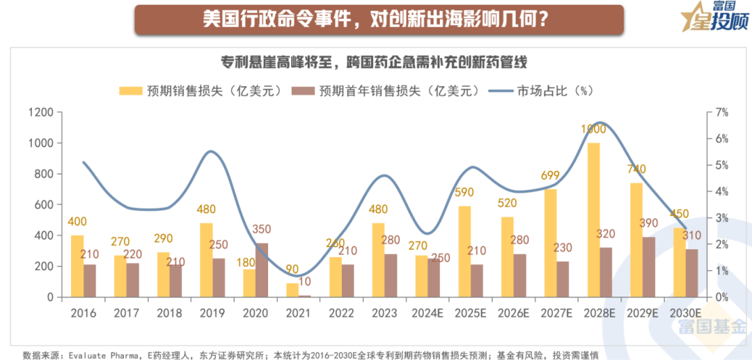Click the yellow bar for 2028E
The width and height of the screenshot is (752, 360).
pos(593,220)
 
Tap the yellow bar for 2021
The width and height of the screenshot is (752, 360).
pos(292,290)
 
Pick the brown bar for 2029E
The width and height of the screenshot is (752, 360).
pos(649,267)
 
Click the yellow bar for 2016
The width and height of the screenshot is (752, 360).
pos(77,266)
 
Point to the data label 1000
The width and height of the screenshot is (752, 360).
pos(593,129)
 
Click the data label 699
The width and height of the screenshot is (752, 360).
pos(551,175)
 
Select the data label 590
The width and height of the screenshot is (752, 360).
pos(464,191)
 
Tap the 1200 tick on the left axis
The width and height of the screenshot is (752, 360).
pos(41,112)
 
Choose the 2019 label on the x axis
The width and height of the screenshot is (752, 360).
pos(212,313)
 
